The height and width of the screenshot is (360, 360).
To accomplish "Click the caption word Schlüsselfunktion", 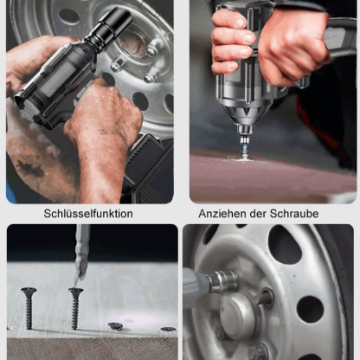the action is (88, 214).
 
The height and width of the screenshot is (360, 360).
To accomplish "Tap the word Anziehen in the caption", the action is (222, 214).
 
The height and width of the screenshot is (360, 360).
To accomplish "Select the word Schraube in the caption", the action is (294, 214).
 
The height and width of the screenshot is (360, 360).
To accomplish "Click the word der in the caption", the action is (258, 214).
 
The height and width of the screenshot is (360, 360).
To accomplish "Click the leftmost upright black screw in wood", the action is (29, 308).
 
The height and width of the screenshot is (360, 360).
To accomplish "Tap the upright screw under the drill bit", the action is (75, 309).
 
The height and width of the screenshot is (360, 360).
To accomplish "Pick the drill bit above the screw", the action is (81, 254).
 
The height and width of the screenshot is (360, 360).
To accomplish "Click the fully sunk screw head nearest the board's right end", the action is (169, 329).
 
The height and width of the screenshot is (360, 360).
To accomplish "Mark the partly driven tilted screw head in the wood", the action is (116, 326).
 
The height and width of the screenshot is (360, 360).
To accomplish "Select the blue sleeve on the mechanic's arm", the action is (10, 193).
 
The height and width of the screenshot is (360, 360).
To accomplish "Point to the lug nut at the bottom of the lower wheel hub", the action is (259, 352).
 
